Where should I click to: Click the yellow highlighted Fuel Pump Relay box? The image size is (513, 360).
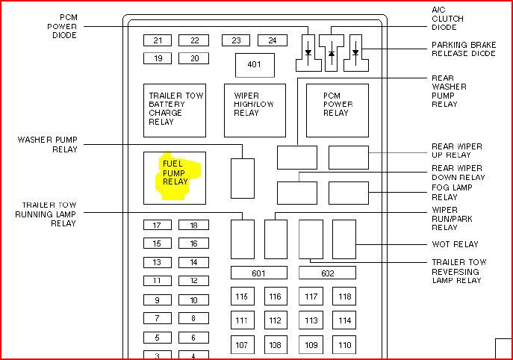pos(175,177)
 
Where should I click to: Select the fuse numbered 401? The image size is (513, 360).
pos(255,65)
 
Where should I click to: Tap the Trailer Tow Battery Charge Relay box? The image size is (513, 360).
pos(175,110)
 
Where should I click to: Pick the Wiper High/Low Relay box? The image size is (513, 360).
pos(255,110)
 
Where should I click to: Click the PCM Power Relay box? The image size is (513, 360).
pos(338,110)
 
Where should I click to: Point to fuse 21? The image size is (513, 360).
pos(158,40)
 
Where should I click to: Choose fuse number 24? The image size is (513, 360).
pos(273,40)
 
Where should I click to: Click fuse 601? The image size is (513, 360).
pos(258,273)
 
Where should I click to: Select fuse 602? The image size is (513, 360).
pos(327,273)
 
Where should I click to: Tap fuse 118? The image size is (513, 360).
pos(344,297)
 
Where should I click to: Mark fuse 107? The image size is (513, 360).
pos(241,345)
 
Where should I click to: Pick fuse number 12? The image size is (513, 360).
pos(193,281)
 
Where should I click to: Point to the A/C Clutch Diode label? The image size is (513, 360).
pos(447,19)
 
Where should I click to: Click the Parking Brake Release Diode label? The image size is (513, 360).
pos(464,49)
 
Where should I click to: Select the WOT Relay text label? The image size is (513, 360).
pos(455,244)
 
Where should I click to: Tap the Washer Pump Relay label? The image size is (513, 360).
pos(48,144)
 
